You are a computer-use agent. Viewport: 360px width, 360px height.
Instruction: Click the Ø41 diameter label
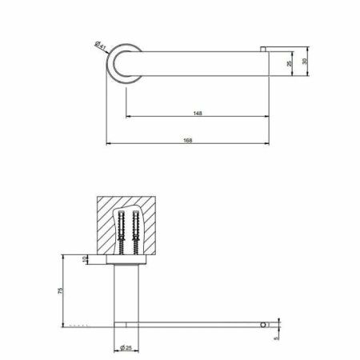tap(102, 46)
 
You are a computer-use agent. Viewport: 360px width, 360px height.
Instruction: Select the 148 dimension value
tap(197, 114)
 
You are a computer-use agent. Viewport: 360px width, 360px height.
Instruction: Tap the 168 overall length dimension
tap(188, 140)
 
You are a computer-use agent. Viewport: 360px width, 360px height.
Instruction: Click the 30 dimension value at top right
tap(304, 61)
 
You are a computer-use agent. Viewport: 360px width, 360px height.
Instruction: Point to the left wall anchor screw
tap(121, 231)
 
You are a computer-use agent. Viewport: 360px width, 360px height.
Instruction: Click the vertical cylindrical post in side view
tap(128, 292)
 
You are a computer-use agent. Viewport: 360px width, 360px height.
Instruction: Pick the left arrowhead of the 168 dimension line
tap(109, 145)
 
